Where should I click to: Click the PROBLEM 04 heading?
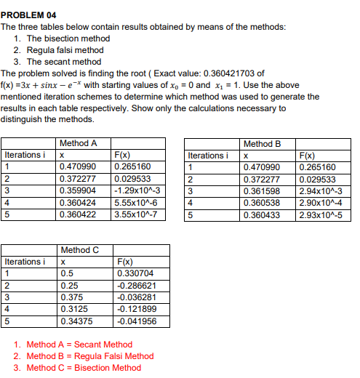[x=28, y=15]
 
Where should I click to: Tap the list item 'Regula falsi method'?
[x=65, y=50]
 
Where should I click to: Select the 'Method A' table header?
[x=79, y=143]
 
